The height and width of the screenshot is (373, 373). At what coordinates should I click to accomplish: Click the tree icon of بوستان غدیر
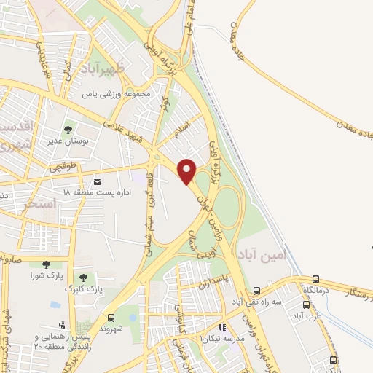pos(68,130)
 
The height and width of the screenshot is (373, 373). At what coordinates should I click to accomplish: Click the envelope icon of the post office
pos(98,181)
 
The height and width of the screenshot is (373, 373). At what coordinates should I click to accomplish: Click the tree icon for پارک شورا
pos(47,264)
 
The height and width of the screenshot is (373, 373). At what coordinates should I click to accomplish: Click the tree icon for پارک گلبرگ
pos(82,277)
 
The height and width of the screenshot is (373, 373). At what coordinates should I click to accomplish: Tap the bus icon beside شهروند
pos(111,318)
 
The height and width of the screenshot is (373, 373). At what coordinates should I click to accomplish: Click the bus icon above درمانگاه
pos(315,279)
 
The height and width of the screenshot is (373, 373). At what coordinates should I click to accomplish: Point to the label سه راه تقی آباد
pos(256,301)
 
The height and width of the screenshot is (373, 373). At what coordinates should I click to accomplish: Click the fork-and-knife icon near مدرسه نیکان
pos(221,328)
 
